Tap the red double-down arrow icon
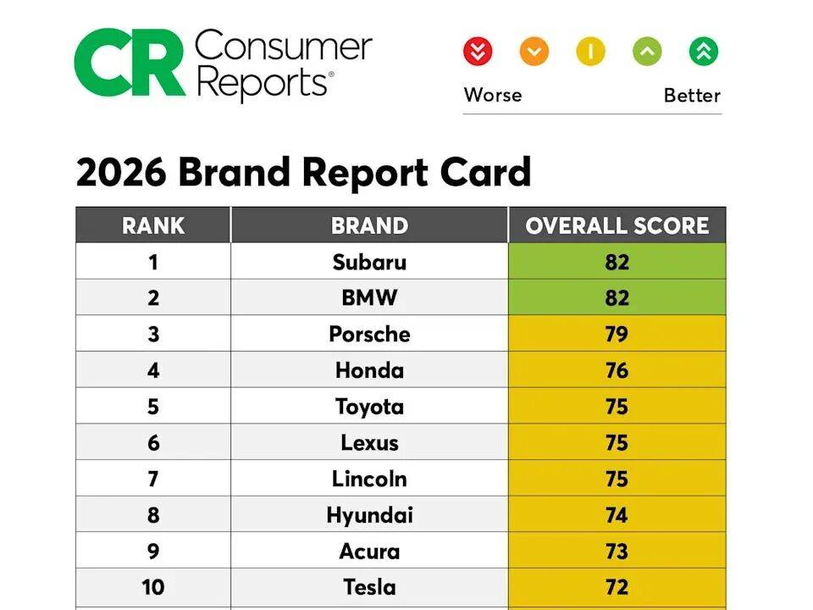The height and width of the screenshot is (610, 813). coord(478,52)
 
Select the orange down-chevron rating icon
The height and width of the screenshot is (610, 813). coord(534,52)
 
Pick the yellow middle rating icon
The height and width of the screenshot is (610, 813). coord(590,52)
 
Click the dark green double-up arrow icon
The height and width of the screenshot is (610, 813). coord(703,52)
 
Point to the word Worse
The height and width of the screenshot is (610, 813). coord(493,95)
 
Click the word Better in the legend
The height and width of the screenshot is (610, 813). coord(692,95)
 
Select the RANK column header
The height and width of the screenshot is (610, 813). coord(153,225)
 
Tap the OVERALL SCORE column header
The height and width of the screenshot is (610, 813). coord(617,225)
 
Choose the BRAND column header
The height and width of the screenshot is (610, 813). coord(369,225)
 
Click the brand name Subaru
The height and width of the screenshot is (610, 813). coord(369,262)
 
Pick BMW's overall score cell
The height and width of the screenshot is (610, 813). coord(617,298)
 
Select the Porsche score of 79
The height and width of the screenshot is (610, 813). coord(617,334)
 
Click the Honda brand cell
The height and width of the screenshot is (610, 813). coord(369,370)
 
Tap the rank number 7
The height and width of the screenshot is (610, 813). coord(153,479)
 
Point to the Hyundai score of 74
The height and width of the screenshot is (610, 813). coord(617,515)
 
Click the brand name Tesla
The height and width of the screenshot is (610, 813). coord(369,587)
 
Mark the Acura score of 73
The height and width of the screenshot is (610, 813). coord(617,551)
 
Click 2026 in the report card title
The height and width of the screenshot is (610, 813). coord(120,173)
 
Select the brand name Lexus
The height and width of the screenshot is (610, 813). coord(369,442)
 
